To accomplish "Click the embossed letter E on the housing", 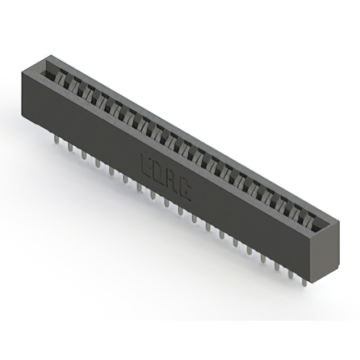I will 145,164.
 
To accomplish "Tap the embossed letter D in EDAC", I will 158,174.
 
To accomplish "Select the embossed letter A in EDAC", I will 172,183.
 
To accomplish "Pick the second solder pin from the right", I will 290,273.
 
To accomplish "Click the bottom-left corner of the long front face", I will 25,117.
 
